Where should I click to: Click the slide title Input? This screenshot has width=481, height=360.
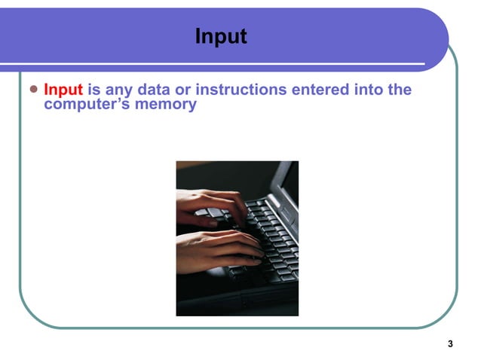pos(220,36)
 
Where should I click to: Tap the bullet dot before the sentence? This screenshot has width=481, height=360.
pos(32,90)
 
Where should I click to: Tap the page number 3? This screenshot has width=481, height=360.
pos(450,345)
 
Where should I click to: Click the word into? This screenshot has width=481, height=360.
pos(366,90)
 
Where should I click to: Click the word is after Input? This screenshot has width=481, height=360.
pos(93,90)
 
